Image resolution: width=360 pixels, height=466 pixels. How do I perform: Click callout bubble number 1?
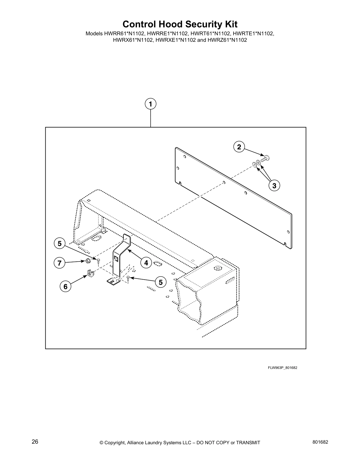[x=150, y=104]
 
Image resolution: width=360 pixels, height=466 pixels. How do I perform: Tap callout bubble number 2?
[x=239, y=147]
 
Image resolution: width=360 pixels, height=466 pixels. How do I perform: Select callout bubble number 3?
[x=274, y=186]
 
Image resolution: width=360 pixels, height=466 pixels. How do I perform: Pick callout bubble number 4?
[x=146, y=263]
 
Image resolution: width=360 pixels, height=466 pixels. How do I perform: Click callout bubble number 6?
[x=65, y=286]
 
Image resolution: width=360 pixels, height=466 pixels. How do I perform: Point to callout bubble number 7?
[x=60, y=263]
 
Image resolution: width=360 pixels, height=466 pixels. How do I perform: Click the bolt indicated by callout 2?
[x=266, y=158]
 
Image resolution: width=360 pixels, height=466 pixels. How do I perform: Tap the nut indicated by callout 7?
[x=87, y=260]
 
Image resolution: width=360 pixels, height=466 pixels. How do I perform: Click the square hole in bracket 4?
[x=116, y=259]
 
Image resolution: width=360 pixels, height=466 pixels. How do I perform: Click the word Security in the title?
[x=191, y=24]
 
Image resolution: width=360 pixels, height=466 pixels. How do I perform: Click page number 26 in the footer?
[x=35, y=442]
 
